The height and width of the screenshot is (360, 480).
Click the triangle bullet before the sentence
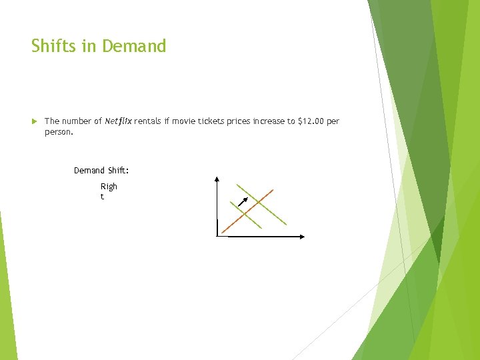(x=35, y=121)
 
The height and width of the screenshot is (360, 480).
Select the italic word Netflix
(x=118, y=121)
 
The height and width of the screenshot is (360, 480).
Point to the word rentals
(x=147, y=121)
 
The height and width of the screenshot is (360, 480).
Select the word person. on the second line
(x=58, y=132)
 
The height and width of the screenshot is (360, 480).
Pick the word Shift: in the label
(x=118, y=171)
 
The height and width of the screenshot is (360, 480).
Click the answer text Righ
(x=109, y=187)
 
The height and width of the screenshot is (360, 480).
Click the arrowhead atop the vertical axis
(x=217, y=179)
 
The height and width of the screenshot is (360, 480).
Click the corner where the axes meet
(x=217, y=236)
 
